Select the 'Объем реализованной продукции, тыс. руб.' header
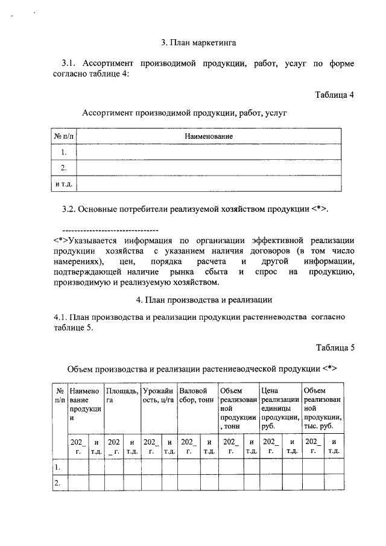[x=323, y=408]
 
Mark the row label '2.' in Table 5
[x=58, y=483]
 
